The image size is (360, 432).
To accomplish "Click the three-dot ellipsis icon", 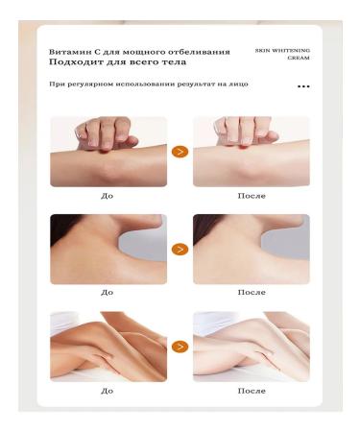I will coord(303,86).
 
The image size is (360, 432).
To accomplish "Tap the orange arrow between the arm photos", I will coord(180,152).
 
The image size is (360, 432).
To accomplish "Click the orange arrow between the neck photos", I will coord(180,249).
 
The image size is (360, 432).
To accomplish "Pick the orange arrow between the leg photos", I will coord(180,346).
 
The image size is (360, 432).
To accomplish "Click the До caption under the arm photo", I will coord(107,195).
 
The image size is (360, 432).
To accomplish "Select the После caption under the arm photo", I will coord(251,195).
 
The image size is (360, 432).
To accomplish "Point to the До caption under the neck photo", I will coord(107,292).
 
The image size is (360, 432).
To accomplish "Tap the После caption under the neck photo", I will coord(251,292).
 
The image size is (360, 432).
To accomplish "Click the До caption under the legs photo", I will coord(107,391).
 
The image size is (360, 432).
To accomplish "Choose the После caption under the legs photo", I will coord(251,391).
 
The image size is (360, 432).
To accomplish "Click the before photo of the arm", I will coord(108,152).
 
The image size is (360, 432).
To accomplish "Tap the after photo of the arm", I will coord(252,152).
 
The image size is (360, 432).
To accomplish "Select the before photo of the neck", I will coord(108,249).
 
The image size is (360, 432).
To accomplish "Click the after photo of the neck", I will coord(252,249).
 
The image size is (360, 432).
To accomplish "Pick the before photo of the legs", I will coord(108,346).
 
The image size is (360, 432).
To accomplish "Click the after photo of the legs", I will coord(252,346).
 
